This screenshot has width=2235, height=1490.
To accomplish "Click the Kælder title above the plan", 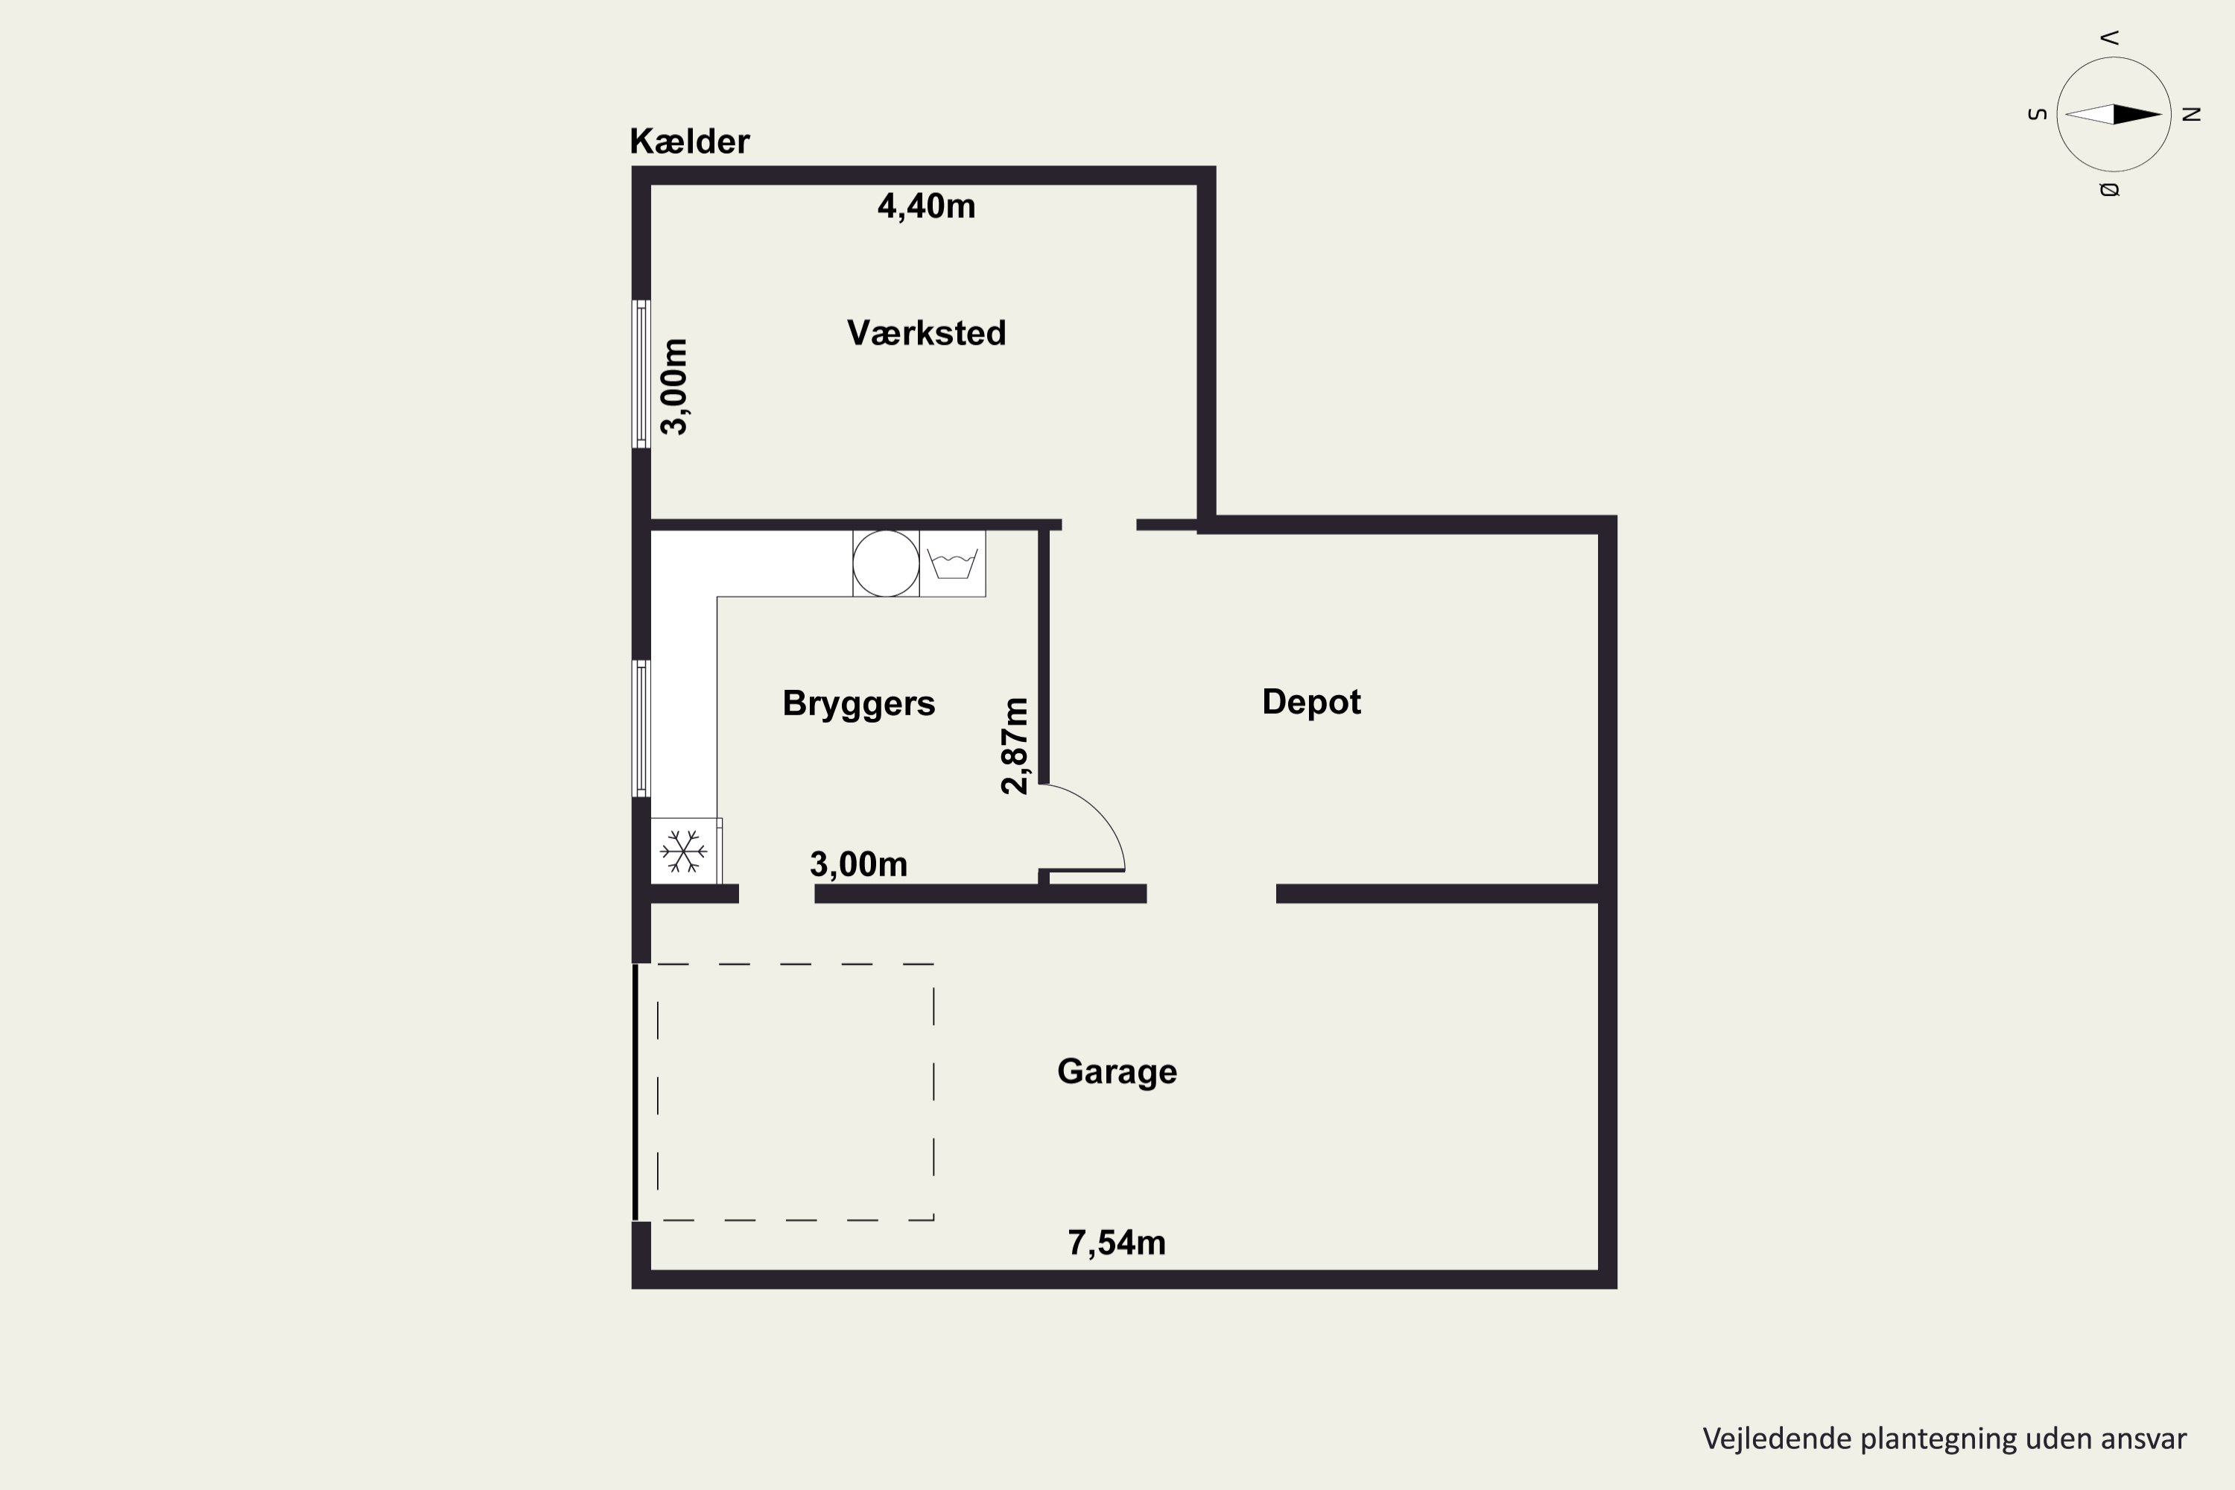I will pyautogui.click(x=689, y=142).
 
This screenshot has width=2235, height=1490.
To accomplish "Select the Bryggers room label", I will pyautogui.click(x=858, y=703).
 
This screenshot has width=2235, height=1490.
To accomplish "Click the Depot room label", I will pyautogui.click(x=1310, y=701).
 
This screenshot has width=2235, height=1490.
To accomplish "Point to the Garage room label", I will pyautogui.click(x=1117, y=1071).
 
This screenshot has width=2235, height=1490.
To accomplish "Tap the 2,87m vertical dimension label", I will pyautogui.click(x=1015, y=745).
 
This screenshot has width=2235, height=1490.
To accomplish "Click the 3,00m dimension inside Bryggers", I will pyautogui.click(x=858, y=863).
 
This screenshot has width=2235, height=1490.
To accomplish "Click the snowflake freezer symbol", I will pyautogui.click(x=683, y=851).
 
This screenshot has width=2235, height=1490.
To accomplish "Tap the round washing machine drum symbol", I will pyautogui.click(x=886, y=563).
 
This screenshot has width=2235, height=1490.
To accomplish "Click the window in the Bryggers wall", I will pyautogui.click(x=641, y=728).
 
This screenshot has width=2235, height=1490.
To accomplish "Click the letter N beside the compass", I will pyautogui.click(x=2191, y=115).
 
